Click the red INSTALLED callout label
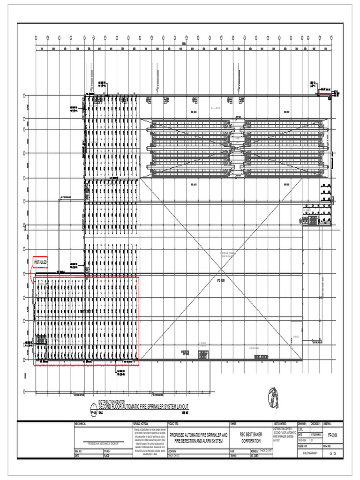pyautogui.click(x=40, y=262)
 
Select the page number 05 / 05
pyautogui.click(x=333, y=454)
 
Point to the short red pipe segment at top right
pyautogui.click(x=323, y=93)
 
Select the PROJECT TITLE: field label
pyautogui.click(x=174, y=423)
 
